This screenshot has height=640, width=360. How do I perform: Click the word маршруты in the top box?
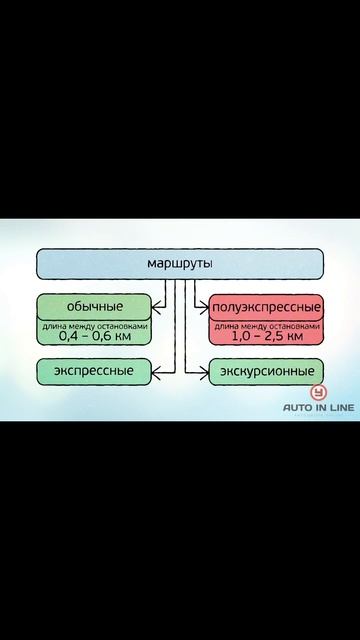coord(179,265)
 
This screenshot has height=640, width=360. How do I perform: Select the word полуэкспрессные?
coord(266,304)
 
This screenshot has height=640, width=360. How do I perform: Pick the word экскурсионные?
coord(266,372)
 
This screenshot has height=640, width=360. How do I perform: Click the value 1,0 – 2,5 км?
coord(266,336)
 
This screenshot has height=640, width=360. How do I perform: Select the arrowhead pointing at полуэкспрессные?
coord(203,304)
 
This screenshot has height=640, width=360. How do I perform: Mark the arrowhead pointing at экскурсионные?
coord(203,372)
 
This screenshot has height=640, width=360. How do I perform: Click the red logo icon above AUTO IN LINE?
coord(319,393)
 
